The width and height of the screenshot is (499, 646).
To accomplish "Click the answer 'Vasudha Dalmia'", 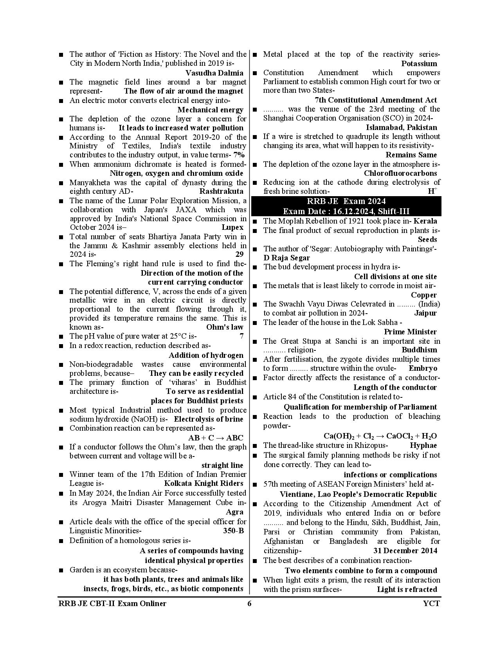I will (x=214, y=73).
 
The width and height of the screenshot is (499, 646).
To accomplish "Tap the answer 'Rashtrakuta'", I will (x=221, y=191).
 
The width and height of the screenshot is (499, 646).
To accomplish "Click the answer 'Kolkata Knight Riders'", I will (x=204, y=484).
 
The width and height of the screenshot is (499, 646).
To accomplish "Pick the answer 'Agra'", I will (x=234, y=512).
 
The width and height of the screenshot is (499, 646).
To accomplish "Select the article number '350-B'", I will (x=231, y=531).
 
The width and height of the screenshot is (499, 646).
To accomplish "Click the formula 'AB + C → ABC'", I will (x=216, y=438).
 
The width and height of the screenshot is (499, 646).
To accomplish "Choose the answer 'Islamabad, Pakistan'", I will (x=401, y=128).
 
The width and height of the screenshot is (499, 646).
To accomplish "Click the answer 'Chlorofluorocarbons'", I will (x=400, y=173).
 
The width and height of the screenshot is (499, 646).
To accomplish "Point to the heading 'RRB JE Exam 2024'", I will (x=346, y=202).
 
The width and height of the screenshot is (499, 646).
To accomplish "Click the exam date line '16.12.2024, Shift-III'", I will (x=346, y=211).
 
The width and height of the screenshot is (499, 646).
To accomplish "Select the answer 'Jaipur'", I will (x=425, y=313).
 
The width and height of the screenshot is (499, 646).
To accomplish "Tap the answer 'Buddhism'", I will (x=419, y=350).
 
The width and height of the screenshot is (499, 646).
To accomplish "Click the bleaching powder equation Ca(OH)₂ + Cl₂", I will (x=380, y=436).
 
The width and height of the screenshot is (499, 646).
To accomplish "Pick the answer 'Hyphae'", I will (x=423, y=446).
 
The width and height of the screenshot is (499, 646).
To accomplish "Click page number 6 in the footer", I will (x=249, y=603).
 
